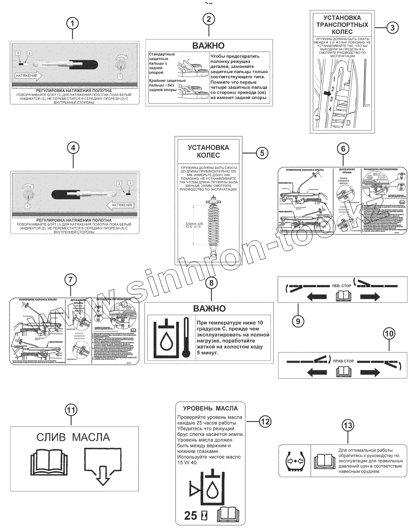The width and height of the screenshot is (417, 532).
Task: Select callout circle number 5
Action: tap(262, 153)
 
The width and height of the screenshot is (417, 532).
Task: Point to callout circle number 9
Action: tap(298, 321)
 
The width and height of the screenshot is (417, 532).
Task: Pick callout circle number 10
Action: tap(389, 334)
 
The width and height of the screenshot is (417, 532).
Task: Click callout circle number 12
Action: tap(265, 421)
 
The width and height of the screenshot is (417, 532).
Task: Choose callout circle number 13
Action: tap(347, 426)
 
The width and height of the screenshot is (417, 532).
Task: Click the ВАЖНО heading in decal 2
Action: tap(209, 46)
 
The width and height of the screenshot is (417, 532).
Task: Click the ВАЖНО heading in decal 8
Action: tap(209, 308)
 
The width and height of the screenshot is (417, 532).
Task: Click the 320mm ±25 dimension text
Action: tap(194, 224)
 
